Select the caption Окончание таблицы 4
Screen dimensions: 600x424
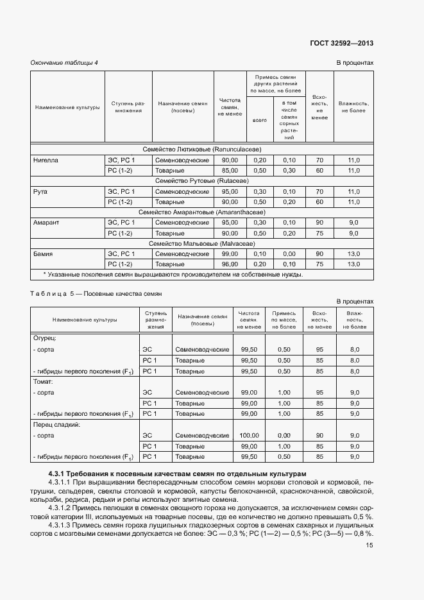coord(64,62)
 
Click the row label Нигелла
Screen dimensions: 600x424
coord(46,160)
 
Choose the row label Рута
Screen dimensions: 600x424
coord(40,191)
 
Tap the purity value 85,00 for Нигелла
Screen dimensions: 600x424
coord(230,171)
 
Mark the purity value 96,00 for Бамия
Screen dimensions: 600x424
coord(230,264)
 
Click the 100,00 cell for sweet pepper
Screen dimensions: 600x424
coord(249,435)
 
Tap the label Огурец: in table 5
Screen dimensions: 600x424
coord(45,338)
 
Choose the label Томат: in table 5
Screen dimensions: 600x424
coord(44,381)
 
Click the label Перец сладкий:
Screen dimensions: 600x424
coord(56,424)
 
